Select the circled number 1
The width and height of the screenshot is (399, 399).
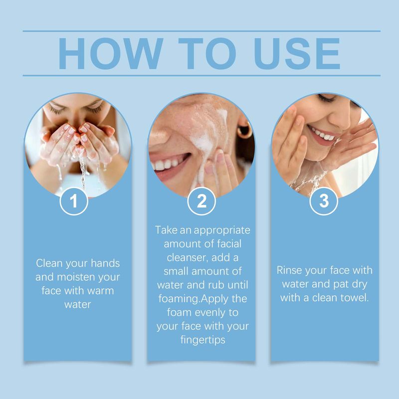[x=74, y=201]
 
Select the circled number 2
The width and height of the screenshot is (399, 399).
[x=201, y=201]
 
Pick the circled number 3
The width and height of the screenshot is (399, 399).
[x=324, y=201]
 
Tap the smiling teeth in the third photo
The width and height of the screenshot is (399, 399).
[x=321, y=134]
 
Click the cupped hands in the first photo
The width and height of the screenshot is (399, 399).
[x=80, y=140]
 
